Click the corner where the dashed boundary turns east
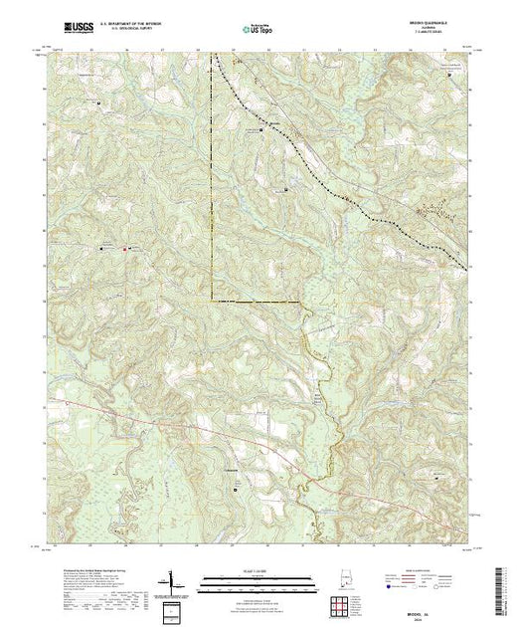pos(213,300)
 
